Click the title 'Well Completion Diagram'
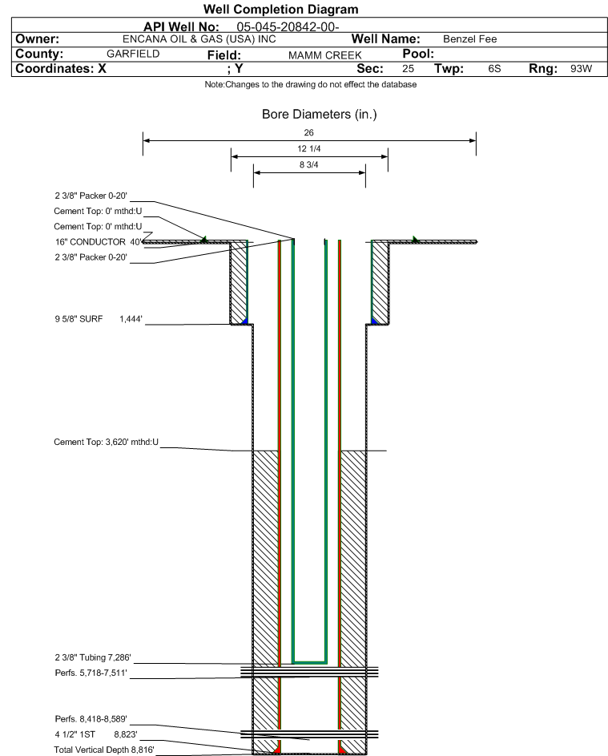pos(281,9)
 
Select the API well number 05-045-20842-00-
pos(288,27)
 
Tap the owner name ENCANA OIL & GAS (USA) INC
pos(199,39)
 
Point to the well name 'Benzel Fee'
pos(469,39)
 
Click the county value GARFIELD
pos(133,54)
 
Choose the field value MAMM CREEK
pos(324,55)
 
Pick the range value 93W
pos(581,68)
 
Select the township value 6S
pos(494,68)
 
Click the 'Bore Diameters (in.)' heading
pos(320,115)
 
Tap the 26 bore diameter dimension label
pos(309,132)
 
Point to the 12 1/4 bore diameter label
pos(309,148)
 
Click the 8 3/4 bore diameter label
pos(309,164)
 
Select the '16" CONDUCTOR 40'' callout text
pos(99,241)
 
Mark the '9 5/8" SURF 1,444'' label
pos(99,319)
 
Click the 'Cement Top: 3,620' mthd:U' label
pos(106,442)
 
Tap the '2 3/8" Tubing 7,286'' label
pos(92,657)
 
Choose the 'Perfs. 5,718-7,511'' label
pos(91,673)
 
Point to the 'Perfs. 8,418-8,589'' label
pos(91,719)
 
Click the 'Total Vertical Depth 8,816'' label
pos(104,750)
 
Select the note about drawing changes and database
pos(311,84)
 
